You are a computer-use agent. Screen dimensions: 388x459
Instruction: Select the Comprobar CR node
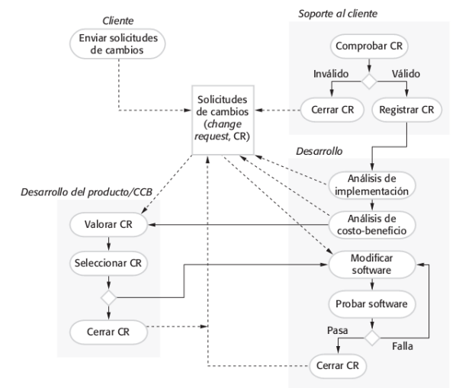(369, 46)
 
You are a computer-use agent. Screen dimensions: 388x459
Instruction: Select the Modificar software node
(371, 265)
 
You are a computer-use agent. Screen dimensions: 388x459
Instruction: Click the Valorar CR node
(108, 225)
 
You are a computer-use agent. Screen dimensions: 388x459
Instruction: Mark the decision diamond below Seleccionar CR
(108, 297)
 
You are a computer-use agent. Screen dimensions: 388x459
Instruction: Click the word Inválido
(330, 75)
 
